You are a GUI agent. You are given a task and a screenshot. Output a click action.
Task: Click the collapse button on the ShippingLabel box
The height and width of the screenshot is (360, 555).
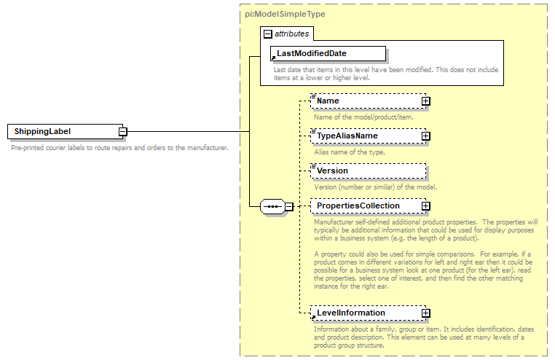click(x=123, y=132)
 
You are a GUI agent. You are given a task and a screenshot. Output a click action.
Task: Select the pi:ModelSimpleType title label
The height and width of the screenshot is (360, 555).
click(x=285, y=34)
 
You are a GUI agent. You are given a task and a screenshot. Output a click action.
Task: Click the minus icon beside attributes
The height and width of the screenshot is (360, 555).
click(x=268, y=34)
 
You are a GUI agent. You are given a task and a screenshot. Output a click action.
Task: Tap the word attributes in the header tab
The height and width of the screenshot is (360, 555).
click(x=291, y=34)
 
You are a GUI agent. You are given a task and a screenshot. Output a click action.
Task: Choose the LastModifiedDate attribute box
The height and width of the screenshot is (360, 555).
click(x=328, y=54)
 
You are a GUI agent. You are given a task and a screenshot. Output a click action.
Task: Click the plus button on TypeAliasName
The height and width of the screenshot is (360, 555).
click(x=426, y=136)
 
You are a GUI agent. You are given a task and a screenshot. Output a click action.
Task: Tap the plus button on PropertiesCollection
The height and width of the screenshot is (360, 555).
click(x=426, y=206)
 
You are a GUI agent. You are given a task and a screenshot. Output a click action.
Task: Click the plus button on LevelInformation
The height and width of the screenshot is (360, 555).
click(x=426, y=313)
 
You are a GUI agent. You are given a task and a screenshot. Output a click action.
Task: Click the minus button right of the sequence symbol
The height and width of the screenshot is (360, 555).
click(x=289, y=206)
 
